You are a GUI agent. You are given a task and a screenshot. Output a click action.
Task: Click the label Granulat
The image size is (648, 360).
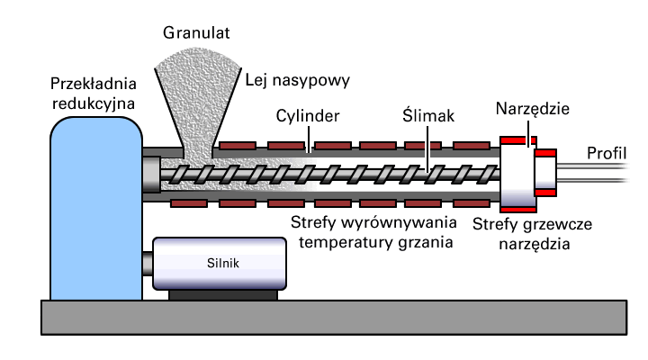point(197,33)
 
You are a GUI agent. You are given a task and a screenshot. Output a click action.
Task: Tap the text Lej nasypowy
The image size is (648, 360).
point(297,79)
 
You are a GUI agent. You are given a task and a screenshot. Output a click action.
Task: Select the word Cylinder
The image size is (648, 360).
point(308,116)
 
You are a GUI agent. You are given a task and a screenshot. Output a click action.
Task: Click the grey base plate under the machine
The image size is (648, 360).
point(333,318)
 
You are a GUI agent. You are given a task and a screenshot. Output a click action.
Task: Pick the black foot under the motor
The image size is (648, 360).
point(224,294)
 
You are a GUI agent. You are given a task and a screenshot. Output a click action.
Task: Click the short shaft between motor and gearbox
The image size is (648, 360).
point(148,263)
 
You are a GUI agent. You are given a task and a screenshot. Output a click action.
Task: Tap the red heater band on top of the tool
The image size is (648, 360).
point(517,140)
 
